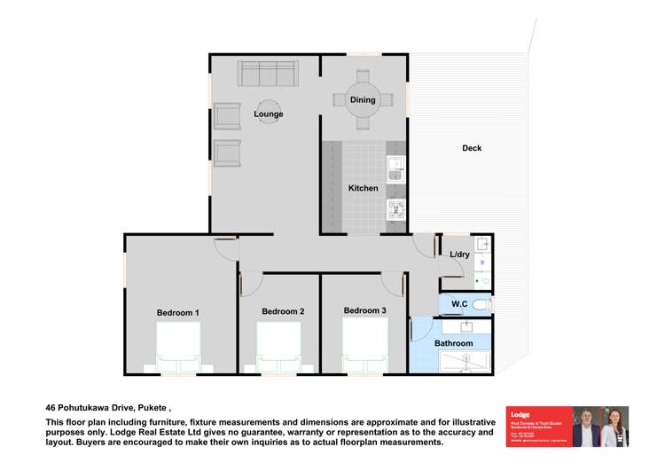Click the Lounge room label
pos(268,114)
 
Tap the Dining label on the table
pos(363,100)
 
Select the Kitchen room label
pos(363,188)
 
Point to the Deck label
pos(472,148)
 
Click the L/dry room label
pos(459,255)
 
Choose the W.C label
pos(458,305)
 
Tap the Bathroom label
pos(453,343)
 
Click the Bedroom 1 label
pos(177,312)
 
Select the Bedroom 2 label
pos(283,311)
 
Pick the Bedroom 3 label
pos(364,310)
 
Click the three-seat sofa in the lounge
pos(267,72)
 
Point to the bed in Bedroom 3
pos(365,346)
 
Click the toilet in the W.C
pos(482,305)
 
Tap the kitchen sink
pos(395,168)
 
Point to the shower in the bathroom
pos(465,361)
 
